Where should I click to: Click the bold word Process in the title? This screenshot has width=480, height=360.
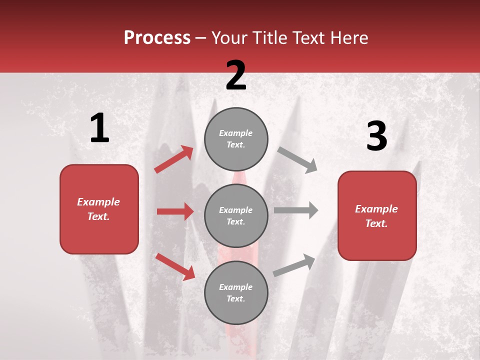point(157,38)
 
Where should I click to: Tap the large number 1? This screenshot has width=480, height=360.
point(99,129)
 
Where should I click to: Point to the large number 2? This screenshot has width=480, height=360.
point(236,75)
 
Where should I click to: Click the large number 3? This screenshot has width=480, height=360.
point(376,137)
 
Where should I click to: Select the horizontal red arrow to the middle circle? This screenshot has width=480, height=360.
point(175,211)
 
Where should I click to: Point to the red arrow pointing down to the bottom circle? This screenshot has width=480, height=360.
point(175,266)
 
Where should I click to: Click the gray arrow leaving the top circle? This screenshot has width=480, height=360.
point(297,160)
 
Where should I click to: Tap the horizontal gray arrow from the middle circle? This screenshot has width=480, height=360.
point(296,210)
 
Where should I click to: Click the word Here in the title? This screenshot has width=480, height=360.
point(350,38)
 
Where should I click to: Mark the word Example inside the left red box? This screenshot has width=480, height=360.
point(98,202)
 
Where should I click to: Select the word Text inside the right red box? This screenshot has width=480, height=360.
point(376,223)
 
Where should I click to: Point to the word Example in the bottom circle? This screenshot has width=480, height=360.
point(236,287)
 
